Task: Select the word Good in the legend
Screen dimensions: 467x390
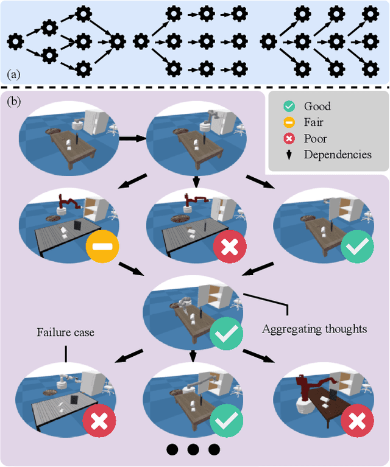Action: point(317,107)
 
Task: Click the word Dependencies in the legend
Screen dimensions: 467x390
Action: point(338,154)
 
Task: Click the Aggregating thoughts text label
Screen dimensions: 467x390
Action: point(314,329)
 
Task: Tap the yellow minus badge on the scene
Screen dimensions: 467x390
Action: point(102,247)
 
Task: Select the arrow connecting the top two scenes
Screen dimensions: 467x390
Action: point(135,138)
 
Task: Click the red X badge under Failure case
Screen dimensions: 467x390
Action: point(99,422)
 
